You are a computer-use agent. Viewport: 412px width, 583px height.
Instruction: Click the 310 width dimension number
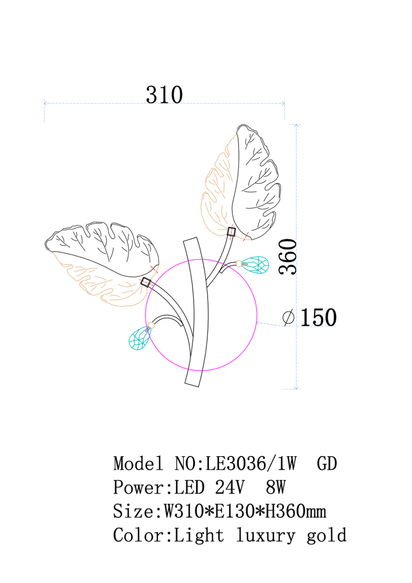coord(164,95)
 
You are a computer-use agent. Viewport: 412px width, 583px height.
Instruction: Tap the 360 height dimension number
coord(288,257)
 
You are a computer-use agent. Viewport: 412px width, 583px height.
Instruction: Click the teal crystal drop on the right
coord(255,265)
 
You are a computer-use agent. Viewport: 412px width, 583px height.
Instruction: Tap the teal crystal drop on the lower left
coord(139,338)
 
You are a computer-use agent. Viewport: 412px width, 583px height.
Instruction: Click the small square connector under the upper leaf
coord(231,231)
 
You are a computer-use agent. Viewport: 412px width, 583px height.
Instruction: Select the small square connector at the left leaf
coord(146,283)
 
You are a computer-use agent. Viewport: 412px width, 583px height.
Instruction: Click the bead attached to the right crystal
coord(239,264)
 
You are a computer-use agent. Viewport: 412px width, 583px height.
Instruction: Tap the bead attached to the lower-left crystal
coord(151,325)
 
